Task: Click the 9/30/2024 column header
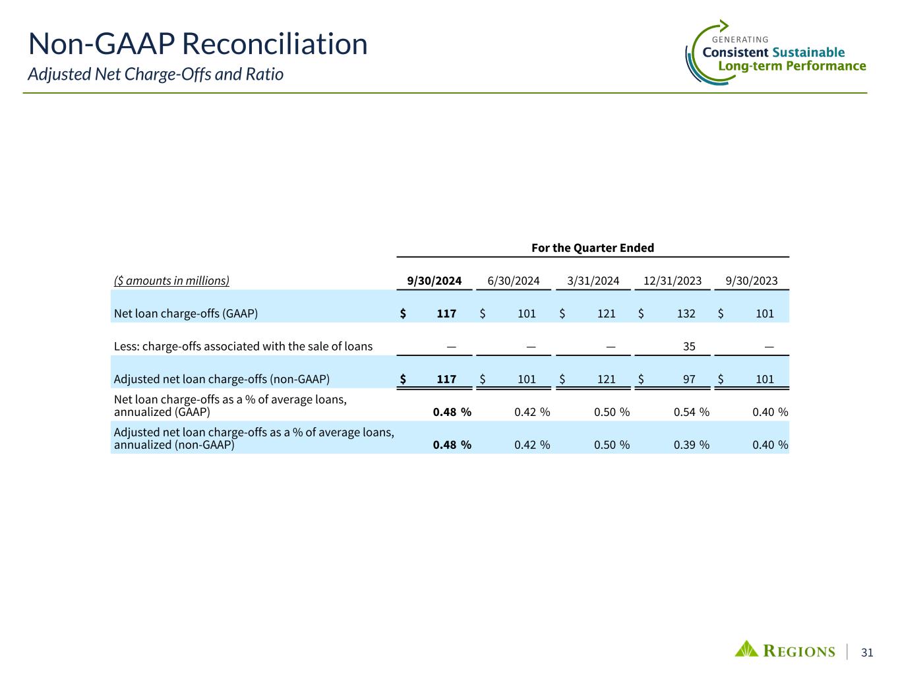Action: tap(434, 281)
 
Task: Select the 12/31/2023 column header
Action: tap(673, 281)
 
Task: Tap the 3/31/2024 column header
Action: tap(593, 281)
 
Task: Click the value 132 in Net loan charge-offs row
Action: tap(686, 314)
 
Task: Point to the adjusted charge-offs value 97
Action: tap(688, 380)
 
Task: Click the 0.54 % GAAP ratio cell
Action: tap(691, 413)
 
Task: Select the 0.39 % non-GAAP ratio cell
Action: tap(691, 445)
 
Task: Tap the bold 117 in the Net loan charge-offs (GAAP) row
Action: tap(446, 314)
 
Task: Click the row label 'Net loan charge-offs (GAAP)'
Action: tap(185, 314)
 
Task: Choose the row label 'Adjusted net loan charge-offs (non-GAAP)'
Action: tap(222, 380)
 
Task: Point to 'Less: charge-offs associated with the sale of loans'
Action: tap(243, 347)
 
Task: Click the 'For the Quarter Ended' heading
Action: tap(592, 248)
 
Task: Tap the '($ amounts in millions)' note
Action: tap(171, 281)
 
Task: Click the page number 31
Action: tap(867, 653)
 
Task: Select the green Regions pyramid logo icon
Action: tap(746, 649)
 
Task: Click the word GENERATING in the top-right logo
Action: tap(740, 40)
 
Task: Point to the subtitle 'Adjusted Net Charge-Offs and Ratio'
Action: tap(156, 74)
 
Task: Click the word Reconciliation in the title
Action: tap(274, 44)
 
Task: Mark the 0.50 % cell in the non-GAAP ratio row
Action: tap(611, 445)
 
